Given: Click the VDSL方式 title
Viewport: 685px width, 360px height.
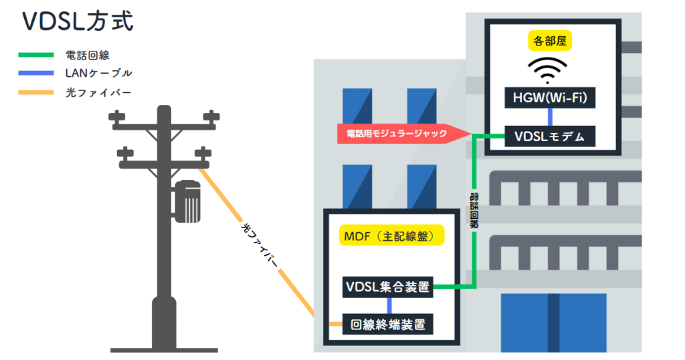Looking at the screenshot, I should click(x=78, y=21).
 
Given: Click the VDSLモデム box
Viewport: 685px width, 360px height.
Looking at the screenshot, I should click(x=550, y=137).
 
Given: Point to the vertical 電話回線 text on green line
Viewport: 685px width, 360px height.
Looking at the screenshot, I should click(x=474, y=209).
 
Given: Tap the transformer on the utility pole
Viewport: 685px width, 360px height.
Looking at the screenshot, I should click(x=189, y=200).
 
